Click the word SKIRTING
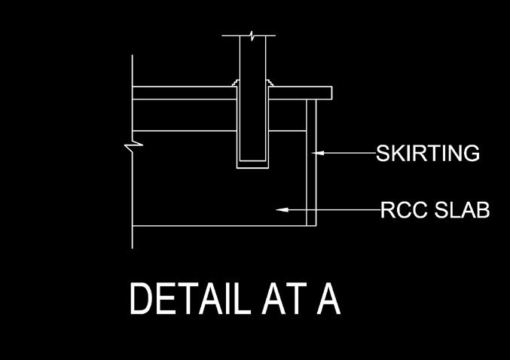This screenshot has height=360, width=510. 428,154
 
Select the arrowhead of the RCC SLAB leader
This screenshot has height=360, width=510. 282,210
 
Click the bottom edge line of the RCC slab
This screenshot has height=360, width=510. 218,226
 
